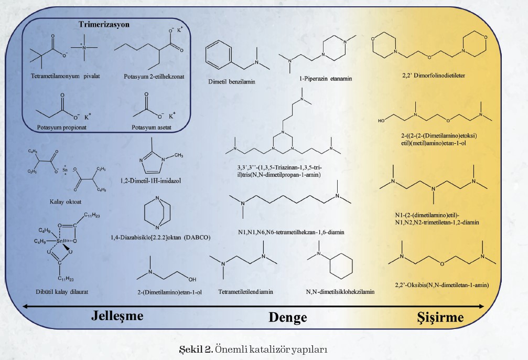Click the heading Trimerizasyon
(x=104, y=24)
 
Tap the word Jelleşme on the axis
(x=117, y=316)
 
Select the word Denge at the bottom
(x=288, y=317)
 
